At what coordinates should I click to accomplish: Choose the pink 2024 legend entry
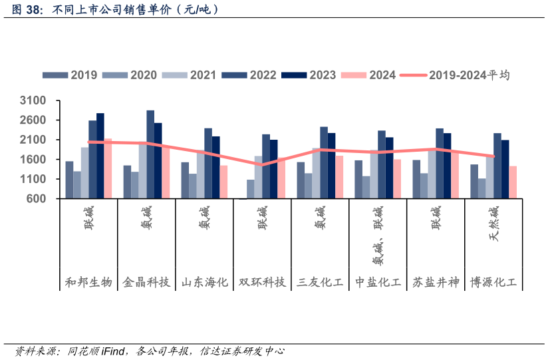click(x=368, y=75)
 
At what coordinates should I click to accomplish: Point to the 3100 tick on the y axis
click(x=33, y=100)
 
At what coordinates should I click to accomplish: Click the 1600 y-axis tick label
click(x=33, y=160)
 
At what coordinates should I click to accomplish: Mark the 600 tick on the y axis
click(x=37, y=199)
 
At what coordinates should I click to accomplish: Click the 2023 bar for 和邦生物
click(x=100, y=156)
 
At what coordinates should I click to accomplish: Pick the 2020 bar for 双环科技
click(x=251, y=189)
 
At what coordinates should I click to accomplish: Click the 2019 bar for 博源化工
click(x=474, y=181)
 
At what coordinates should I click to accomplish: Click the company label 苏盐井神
click(x=436, y=282)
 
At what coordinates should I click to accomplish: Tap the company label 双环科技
click(x=262, y=282)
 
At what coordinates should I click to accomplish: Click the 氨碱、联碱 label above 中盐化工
click(x=378, y=237)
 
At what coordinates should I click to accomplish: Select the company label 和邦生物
click(x=88, y=282)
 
